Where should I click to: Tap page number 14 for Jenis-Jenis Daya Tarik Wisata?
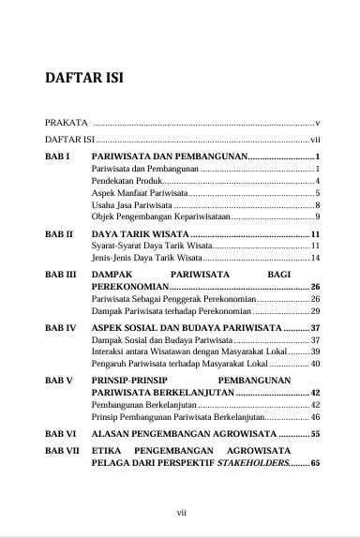tap(316, 257)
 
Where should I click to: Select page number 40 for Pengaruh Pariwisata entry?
tap(316, 364)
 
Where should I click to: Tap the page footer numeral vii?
tap(184, 513)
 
